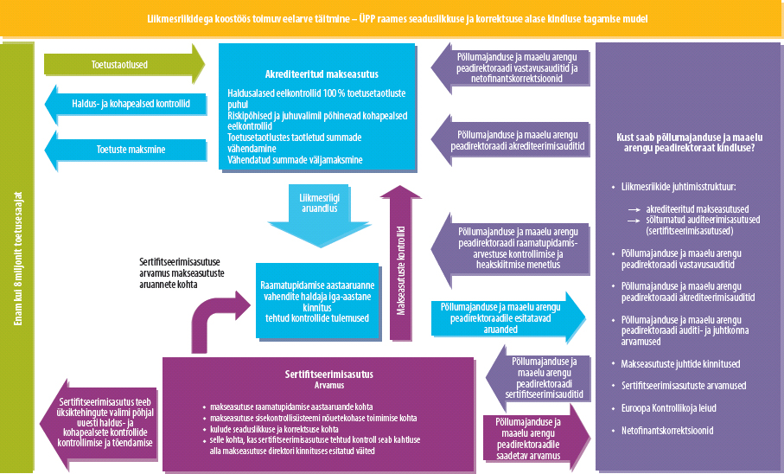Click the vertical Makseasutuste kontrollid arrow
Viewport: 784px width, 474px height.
pyautogui.click(x=400, y=260)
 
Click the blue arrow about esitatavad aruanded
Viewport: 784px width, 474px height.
pyautogui.click(x=506, y=317)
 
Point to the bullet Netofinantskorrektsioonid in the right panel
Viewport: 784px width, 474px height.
pyautogui.click(x=666, y=430)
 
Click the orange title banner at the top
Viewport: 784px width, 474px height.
pyautogui.click(x=392, y=18)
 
